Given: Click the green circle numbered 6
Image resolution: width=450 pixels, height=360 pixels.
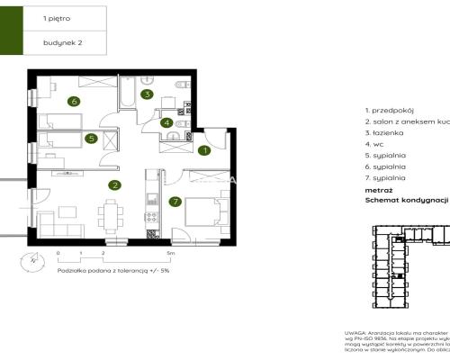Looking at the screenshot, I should pyautogui.click(x=74, y=101).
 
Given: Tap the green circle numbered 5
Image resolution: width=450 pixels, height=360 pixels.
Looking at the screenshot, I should pyautogui.click(x=91, y=139).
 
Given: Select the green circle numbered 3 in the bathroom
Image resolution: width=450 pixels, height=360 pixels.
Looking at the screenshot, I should pyautogui.click(x=149, y=94).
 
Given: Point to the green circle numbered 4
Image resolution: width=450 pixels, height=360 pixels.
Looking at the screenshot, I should pyautogui.click(x=167, y=123).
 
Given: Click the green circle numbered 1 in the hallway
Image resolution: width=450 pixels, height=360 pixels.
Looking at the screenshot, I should pyautogui.click(x=204, y=151).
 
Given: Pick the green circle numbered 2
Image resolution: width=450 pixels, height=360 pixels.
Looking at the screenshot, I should pyautogui.click(x=114, y=186).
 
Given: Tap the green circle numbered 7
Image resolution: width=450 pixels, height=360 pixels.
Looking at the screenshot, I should pyautogui.click(x=175, y=202).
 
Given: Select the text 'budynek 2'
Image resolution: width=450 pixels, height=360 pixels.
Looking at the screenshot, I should pyautogui.click(x=60, y=42).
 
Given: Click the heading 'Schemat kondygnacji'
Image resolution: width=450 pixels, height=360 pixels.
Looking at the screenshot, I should pyautogui.click(x=405, y=202).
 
